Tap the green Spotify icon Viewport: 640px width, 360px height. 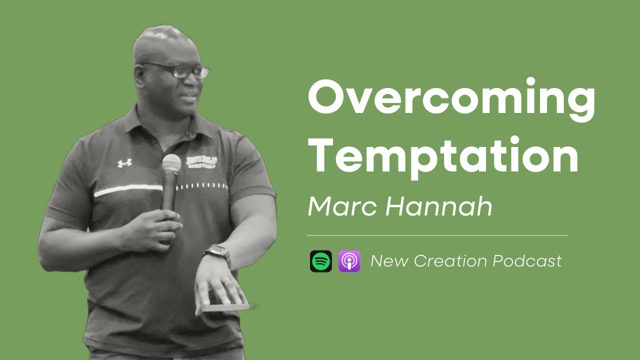click(x=320, y=261)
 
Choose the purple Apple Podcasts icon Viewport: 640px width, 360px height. click(x=349, y=261)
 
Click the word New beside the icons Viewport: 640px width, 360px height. click(x=388, y=261)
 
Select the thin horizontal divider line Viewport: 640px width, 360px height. click(x=437, y=234)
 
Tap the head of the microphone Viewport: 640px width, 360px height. click(x=171, y=163)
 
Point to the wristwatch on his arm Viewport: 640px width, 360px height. click(x=217, y=253)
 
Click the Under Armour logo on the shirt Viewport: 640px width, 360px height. click(x=124, y=163)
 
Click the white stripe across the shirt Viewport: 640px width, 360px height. click(x=128, y=190)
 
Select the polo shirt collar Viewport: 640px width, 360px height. click(x=150, y=125)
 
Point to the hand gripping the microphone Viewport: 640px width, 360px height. click(x=157, y=227)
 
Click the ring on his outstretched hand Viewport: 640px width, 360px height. click(x=226, y=281)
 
